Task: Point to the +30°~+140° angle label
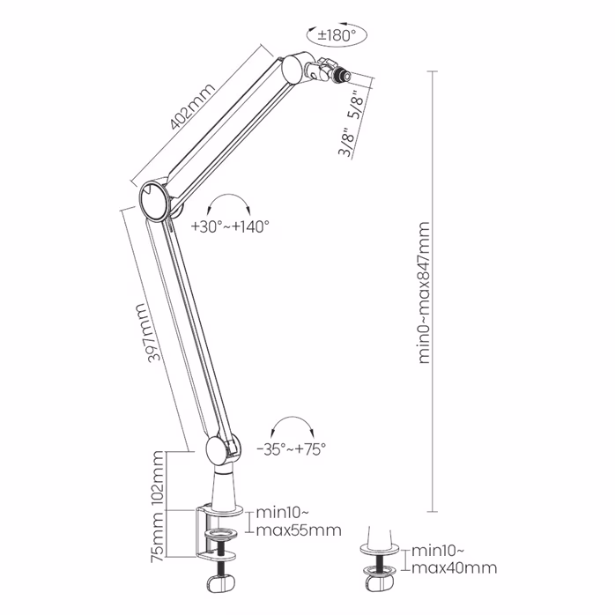[230, 226]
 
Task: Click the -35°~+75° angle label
[292, 448]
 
